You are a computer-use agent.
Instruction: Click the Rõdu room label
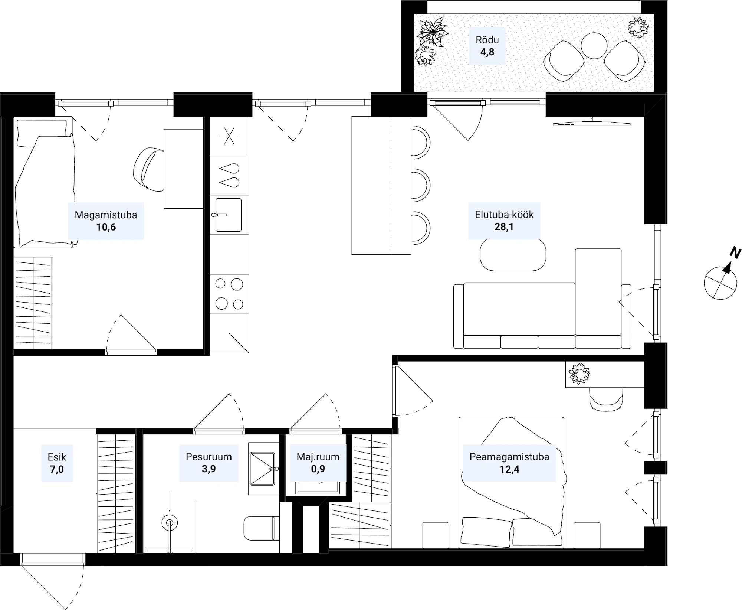click(487, 40)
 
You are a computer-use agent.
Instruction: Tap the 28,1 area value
click(504, 226)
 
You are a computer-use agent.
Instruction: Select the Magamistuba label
click(106, 215)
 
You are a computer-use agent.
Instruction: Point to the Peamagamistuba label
click(509, 457)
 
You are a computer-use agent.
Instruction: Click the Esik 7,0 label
click(57, 463)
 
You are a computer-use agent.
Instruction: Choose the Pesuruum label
click(209, 457)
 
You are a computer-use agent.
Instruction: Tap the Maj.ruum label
click(318, 457)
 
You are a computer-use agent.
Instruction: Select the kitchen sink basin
click(228, 215)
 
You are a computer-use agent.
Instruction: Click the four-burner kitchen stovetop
click(229, 294)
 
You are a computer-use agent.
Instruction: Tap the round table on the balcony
click(594, 46)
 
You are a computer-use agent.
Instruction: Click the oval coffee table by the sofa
click(513, 255)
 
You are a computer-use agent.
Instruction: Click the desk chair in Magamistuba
click(148, 169)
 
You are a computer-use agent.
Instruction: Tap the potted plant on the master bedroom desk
click(579, 374)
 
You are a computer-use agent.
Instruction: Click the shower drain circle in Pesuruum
click(170, 523)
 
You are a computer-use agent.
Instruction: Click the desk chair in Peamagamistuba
click(606, 399)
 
